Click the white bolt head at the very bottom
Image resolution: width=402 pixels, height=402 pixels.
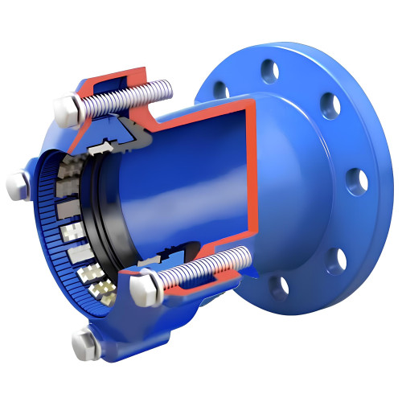[83, 347]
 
